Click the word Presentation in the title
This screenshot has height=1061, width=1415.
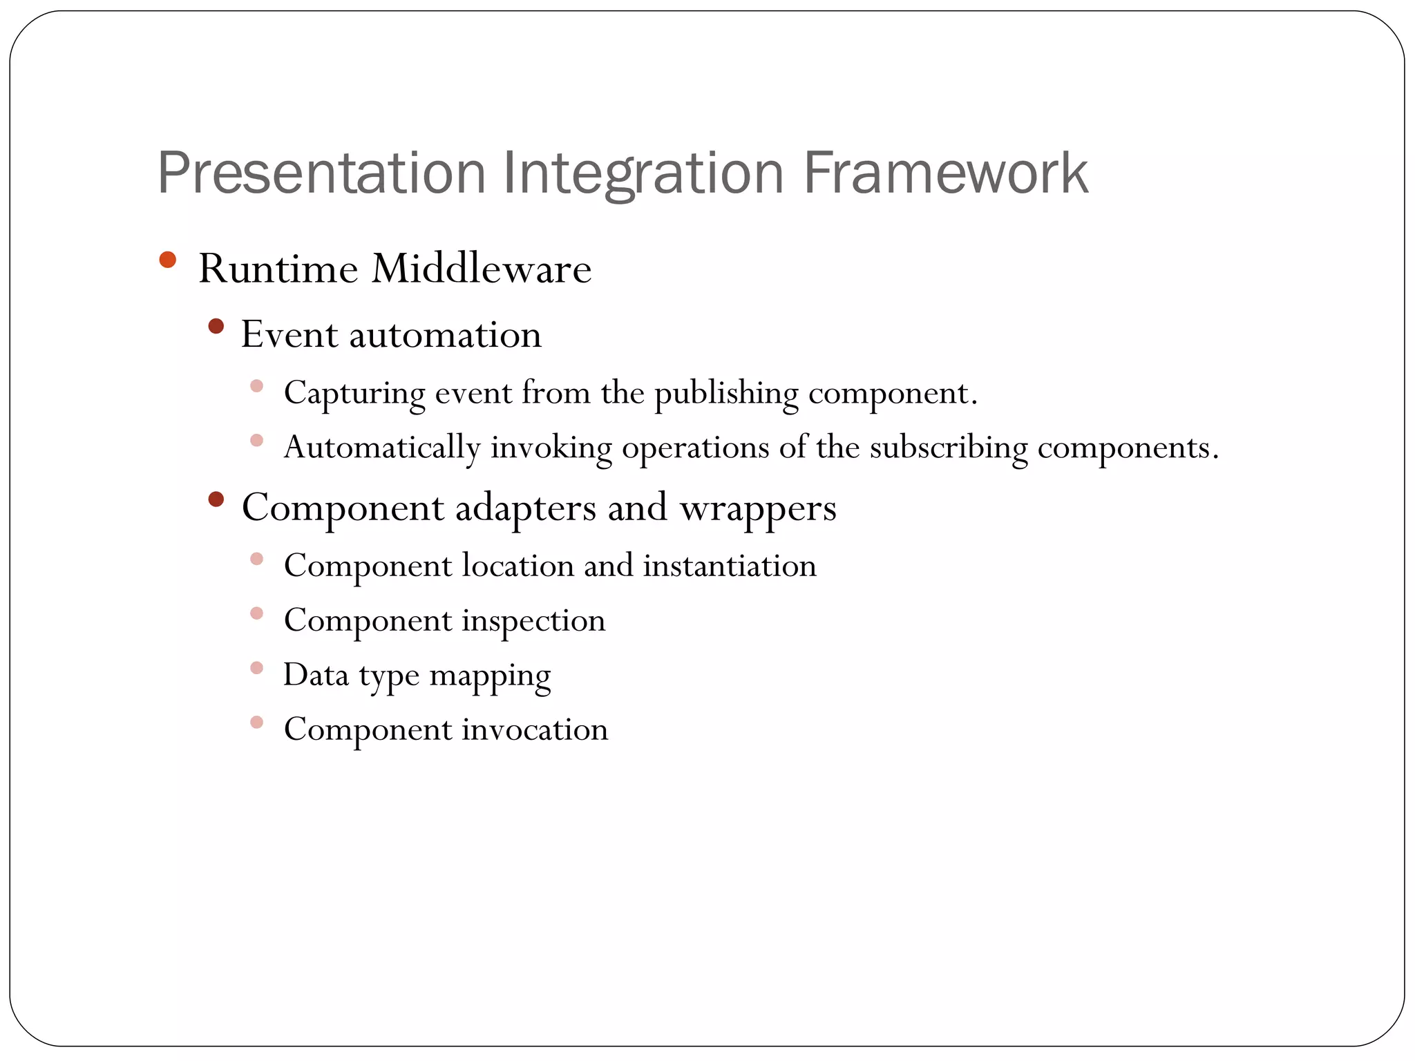[x=321, y=173]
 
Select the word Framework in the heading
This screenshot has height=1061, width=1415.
[x=945, y=173]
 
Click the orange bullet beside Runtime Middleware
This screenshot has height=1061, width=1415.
[x=167, y=260]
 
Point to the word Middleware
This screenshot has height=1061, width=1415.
[x=481, y=269]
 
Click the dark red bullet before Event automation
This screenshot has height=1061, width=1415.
[x=216, y=326]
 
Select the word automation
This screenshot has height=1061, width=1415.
[x=445, y=335]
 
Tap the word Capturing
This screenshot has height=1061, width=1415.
[x=354, y=394]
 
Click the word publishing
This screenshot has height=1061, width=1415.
[x=725, y=394]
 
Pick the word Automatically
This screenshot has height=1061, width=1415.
[x=382, y=448]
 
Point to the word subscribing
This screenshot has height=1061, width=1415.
[x=949, y=448]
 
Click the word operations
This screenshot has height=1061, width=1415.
[x=695, y=448]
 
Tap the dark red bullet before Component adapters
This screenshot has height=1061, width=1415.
[x=216, y=499]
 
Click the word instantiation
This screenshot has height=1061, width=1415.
[x=730, y=566]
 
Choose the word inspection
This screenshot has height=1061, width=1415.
[x=533, y=620]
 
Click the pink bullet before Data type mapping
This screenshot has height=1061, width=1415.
[x=256, y=668]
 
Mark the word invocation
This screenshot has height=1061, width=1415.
[x=535, y=729]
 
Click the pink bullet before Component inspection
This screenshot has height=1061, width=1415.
[x=256, y=613]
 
